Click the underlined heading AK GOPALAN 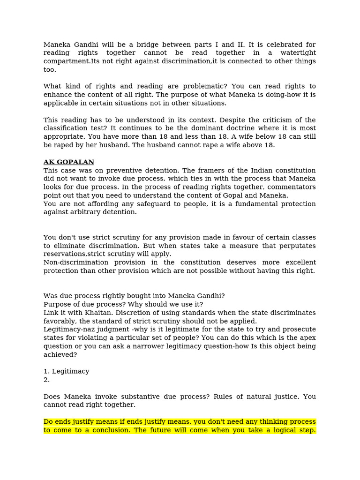pyautogui.click(x=68, y=162)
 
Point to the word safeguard pyautogui.click(x=136, y=204)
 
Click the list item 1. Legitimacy pyautogui.click(x=66, y=371)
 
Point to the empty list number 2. pyautogui.click(x=46, y=380)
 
